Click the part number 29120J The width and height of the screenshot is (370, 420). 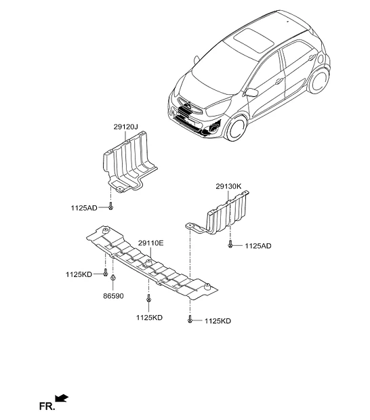pos(125,127)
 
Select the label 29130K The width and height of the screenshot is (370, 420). pos(228,186)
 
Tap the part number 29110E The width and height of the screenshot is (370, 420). pos(150,243)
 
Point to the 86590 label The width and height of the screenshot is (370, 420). pos(113,296)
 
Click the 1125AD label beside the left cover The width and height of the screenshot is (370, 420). pos(84,208)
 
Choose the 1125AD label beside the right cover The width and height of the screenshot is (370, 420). pos(258,246)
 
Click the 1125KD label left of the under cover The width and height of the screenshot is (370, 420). pos(79,274)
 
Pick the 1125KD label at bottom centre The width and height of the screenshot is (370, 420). pos(149,318)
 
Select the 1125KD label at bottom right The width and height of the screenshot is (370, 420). pos(218,321)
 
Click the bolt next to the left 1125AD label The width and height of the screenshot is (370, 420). pos(110,206)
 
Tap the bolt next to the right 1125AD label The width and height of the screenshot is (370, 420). pos(230,244)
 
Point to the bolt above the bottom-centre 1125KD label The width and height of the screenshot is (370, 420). pos(148,298)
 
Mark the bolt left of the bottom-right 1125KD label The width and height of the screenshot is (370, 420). pos(190,319)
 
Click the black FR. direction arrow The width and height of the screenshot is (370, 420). pos(62,398)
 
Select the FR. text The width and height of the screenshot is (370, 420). pos(47,406)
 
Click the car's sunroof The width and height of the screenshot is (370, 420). pos(253,41)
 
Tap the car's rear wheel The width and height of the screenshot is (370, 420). pos(318,81)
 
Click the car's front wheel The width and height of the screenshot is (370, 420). pos(237,128)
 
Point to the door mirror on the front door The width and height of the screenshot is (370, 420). pos(251,92)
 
